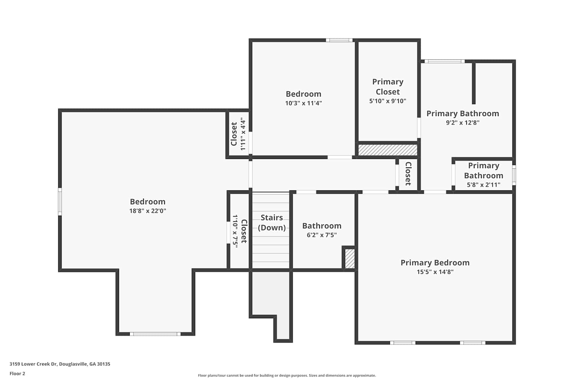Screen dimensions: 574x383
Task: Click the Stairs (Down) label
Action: (272, 223)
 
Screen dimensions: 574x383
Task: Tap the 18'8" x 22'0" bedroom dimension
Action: (148, 211)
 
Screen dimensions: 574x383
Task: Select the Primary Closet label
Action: (388, 87)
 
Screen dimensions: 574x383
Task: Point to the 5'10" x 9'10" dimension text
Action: (388, 101)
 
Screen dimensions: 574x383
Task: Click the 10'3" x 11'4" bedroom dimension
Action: (303, 103)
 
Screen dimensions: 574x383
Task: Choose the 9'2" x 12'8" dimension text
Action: (463, 123)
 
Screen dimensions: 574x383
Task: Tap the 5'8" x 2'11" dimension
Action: (484, 185)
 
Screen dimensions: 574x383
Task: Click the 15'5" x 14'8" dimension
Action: (435, 272)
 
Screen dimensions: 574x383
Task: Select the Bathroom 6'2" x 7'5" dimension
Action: (321, 235)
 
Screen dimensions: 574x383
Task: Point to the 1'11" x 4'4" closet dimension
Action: (243, 134)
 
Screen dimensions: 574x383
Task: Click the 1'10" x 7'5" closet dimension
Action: (235, 231)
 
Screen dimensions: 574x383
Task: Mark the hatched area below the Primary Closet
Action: (387, 150)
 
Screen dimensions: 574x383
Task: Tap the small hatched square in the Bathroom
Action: (349, 259)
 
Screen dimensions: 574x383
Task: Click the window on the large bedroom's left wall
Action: (60, 201)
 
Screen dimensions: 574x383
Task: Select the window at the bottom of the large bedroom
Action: (155, 334)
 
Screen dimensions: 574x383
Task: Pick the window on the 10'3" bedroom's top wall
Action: (339, 40)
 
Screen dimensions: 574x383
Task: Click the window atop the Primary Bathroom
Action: (444, 61)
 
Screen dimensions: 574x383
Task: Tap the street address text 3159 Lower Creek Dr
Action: (33, 364)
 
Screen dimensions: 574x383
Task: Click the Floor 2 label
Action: (18, 373)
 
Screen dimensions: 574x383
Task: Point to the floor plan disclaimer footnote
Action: (287, 376)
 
